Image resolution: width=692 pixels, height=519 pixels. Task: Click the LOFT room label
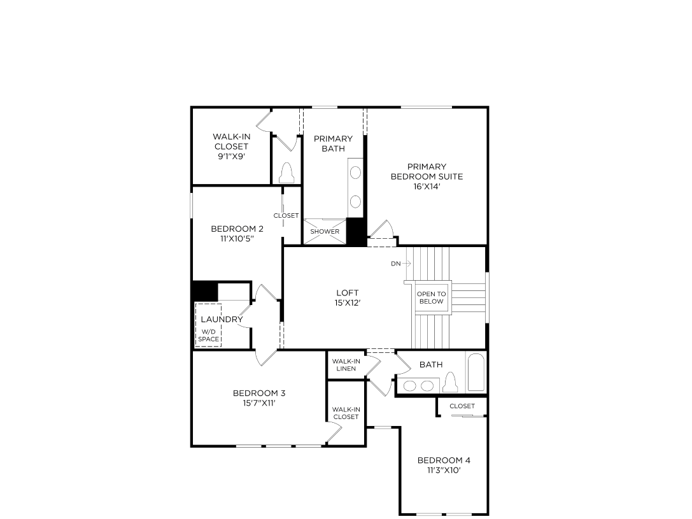[x=348, y=293]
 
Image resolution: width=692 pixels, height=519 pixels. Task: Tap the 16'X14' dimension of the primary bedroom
[x=427, y=187]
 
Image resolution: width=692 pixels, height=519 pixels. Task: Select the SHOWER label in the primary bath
[x=325, y=232]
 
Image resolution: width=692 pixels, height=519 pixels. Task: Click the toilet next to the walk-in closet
[x=286, y=173]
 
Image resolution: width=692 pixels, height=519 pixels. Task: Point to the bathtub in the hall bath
[x=476, y=373]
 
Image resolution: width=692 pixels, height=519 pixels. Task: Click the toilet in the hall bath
[x=451, y=383]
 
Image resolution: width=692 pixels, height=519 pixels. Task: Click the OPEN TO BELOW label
[x=431, y=297]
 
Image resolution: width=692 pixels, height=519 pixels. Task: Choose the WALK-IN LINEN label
[x=346, y=365]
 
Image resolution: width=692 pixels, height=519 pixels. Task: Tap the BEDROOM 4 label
[x=444, y=460]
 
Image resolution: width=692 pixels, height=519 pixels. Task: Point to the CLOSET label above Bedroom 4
[x=462, y=406]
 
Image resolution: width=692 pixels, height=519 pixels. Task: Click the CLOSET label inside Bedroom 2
[x=286, y=216]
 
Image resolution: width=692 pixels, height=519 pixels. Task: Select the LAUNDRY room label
[x=222, y=319]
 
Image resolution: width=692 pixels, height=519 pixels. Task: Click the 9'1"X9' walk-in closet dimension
[x=230, y=157]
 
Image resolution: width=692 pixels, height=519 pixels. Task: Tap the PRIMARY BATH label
[x=333, y=143]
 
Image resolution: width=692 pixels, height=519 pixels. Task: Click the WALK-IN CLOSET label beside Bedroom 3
[x=346, y=413]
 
